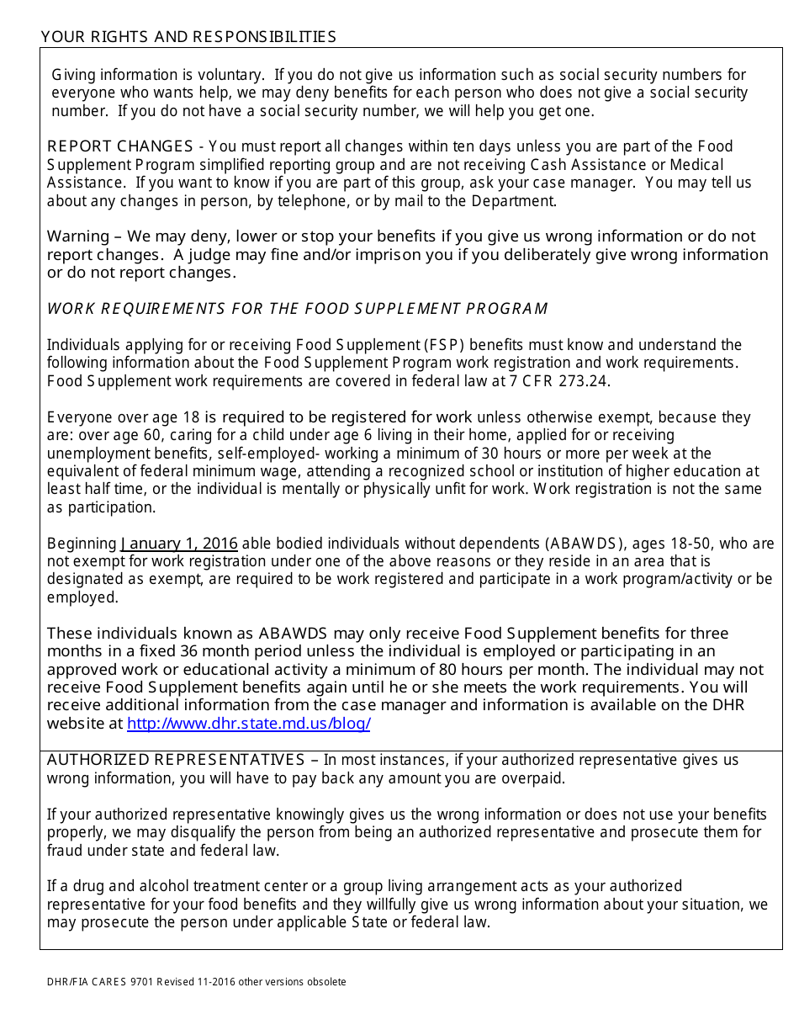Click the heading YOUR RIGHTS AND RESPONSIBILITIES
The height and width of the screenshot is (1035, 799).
point(188,36)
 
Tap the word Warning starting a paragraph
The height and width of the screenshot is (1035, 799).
point(78,236)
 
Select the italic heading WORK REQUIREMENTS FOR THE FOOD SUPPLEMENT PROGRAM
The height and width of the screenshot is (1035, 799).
point(297,309)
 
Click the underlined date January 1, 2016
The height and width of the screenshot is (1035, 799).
point(179,544)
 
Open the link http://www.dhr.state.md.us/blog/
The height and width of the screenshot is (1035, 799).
point(249,724)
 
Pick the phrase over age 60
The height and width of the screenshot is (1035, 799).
point(113,435)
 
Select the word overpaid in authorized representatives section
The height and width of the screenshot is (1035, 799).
point(534,778)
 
